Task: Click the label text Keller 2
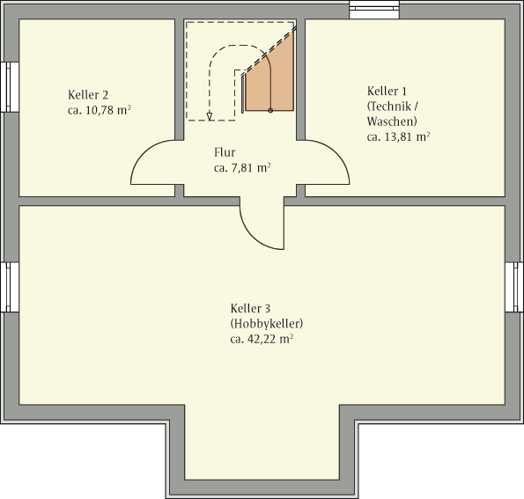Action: coord(88,95)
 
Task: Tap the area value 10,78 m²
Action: coord(108,110)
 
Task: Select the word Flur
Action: coord(225,152)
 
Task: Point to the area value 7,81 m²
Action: coord(251,168)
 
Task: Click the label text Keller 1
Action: coord(387,91)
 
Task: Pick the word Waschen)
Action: coord(392,121)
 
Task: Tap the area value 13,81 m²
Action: coord(408,136)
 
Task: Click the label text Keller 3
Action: coord(250,308)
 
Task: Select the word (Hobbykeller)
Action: coord(267,324)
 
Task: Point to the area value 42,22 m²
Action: coord(270,339)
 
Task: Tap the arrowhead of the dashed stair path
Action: coord(210,116)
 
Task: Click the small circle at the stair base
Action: coord(270,111)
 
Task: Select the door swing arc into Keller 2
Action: coord(144,153)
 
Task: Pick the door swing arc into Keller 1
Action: coord(336,153)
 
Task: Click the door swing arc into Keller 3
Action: coord(253,237)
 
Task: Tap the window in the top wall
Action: coord(374,9)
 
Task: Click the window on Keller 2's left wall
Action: coord(10,87)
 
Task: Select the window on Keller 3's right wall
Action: coord(514,287)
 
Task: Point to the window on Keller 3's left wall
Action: coord(10,287)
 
